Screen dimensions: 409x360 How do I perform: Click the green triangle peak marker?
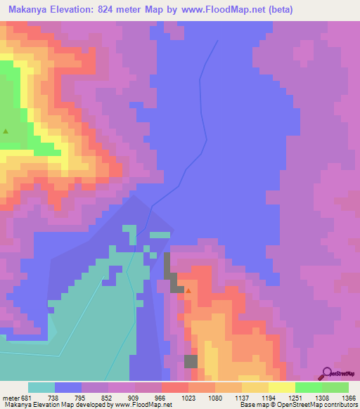[6, 131]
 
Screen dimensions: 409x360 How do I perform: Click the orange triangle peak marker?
[188, 290]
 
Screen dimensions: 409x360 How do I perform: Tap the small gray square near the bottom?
[191, 361]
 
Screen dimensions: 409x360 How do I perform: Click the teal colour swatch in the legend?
[41, 387]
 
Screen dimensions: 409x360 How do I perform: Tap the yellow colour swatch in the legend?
[281, 387]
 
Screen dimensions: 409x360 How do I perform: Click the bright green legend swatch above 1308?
[308, 387]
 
